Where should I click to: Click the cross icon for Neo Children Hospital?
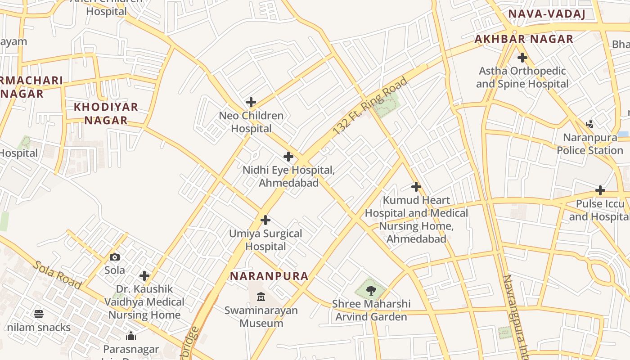tap(251, 102)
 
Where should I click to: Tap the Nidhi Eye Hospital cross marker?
tap(288, 157)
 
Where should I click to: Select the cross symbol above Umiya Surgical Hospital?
tap(265, 220)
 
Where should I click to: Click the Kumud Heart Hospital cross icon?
tap(416, 186)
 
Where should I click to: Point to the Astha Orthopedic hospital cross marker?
tap(522, 58)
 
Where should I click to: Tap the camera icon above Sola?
tap(115, 257)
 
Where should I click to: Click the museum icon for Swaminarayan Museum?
tap(261, 297)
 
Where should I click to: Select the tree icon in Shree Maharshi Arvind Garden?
tap(371, 290)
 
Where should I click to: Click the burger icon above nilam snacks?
tap(39, 314)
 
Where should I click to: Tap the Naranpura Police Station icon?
tap(590, 124)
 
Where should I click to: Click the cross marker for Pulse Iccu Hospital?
tap(600, 190)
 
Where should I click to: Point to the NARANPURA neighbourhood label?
tap(269, 276)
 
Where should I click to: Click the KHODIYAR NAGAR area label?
tap(106, 114)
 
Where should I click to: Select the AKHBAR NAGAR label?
tap(524, 39)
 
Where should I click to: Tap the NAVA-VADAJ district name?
tap(546, 14)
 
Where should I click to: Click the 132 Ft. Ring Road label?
tap(370, 106)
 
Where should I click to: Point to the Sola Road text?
tap(57, 275)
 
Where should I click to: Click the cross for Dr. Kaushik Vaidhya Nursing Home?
tap(144, 275)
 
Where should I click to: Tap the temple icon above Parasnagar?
tap(131, 336)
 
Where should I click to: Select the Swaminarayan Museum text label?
tap(261, 317)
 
